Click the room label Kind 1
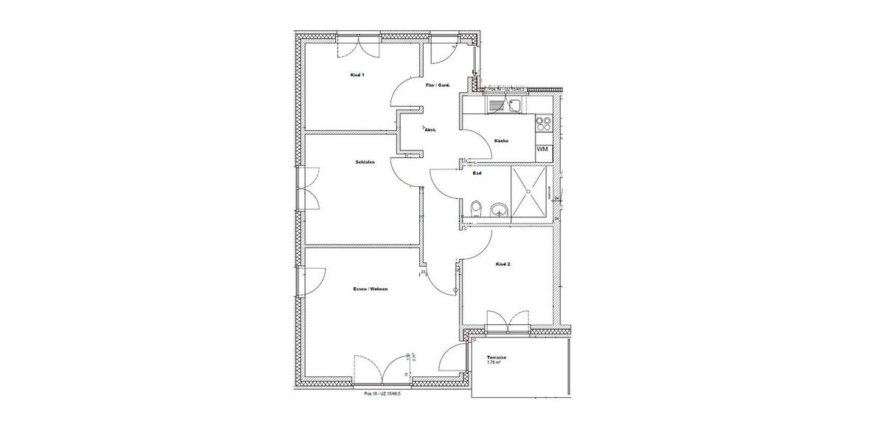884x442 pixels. pyautogui.click(x=357, y=75)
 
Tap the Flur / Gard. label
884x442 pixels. pyautogui.click(x=438, y=85)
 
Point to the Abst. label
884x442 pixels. pyautogui.click(x=430, y=130)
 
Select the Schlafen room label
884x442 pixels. pyautogui.click(x=365, y=161)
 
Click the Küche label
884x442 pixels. pyautogui.click(x=502, y=141)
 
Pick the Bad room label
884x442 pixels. pyautogui.click(x=477, y=174)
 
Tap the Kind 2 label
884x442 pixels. pyautogui.click(x=503, y=264)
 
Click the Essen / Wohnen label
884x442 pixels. pyautogui.click(x=371, y=289)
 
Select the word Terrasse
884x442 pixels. pyautogui.click(x=497, y=357)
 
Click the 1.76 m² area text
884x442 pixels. pyautogui.click(x=496, y=362)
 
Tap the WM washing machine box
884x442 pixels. pyautogui.click(x=543, y=149)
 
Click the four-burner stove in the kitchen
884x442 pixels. pyautogui.click(x=544, y=122)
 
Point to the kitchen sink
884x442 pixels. pyautogui.click(x=513, y=106)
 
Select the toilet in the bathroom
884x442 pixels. pyautogui.click(x=476, y=208)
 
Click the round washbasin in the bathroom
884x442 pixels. pyautogui.click(x=500, y=210)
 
